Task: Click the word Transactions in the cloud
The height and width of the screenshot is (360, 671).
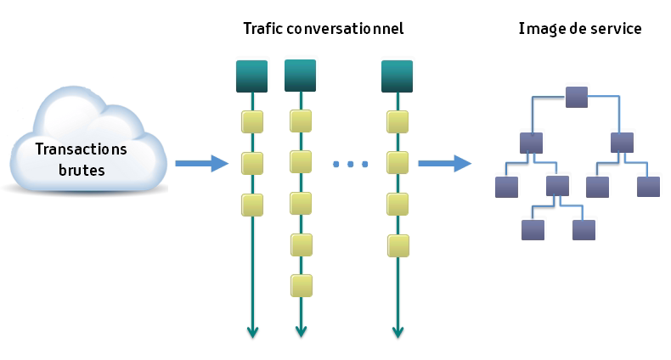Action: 82,150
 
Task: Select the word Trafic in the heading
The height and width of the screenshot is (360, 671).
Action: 262,29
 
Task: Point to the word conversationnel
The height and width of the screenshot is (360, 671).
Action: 346,29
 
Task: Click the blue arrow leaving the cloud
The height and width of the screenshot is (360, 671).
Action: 201,162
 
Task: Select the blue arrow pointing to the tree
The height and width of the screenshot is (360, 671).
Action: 445,162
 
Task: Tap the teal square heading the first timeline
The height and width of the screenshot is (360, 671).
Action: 251,76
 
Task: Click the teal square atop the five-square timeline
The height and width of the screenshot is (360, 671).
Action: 300,76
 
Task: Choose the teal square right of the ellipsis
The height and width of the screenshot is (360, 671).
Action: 397,76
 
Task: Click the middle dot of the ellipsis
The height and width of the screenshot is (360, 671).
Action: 351,163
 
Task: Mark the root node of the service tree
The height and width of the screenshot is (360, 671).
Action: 577,97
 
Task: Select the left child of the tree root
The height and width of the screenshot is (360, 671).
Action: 532,142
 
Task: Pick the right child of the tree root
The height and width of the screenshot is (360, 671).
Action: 623,142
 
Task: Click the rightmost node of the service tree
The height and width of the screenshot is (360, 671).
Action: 649,187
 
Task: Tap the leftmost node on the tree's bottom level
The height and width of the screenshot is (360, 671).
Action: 533,230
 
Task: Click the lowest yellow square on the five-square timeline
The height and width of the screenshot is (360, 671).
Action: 301,284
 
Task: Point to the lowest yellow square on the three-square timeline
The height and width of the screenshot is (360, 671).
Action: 252,205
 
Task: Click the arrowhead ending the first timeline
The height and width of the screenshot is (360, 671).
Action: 252,331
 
